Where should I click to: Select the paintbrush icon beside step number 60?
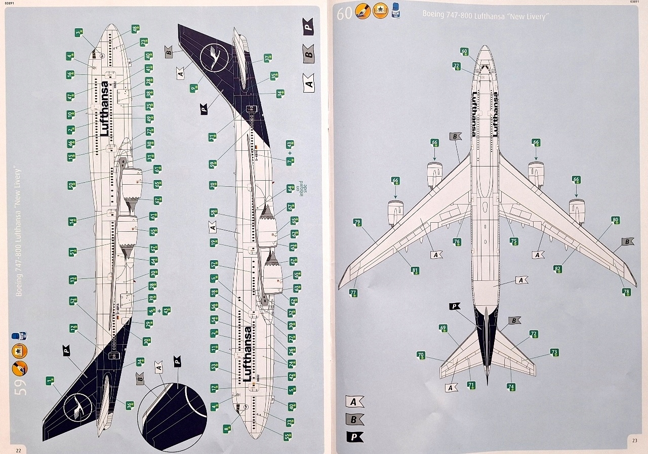(x=363, y=12)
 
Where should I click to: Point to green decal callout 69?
(x=443, y=328)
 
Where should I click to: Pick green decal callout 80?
(x=615, y=220)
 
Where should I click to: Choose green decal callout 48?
(x=135, y=29)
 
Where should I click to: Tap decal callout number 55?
(x=288, y=435)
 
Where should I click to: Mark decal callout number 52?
(x=73, y=301)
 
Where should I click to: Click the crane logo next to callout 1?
(x=78, y=407)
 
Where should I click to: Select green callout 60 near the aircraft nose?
(x=465, y=51)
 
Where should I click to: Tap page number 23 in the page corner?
(x=634, y=440)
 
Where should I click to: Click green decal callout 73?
(x=554, y=352)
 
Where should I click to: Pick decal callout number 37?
(x=268, y=58)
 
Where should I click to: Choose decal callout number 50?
(x=72, y=185)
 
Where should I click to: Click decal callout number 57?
(x=214, y=265)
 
